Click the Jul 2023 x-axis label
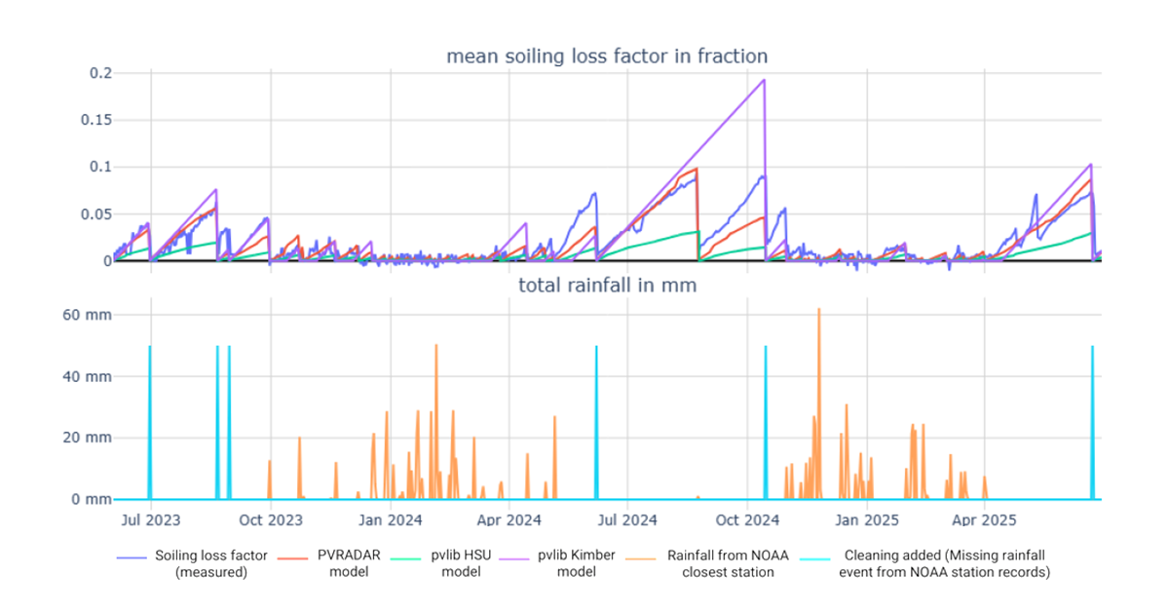tap(150, 520)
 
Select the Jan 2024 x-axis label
tap(390, 520)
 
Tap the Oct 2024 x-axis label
tap(747, 520)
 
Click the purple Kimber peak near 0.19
tap(764, 81)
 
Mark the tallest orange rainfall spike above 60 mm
tap(819, 310)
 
